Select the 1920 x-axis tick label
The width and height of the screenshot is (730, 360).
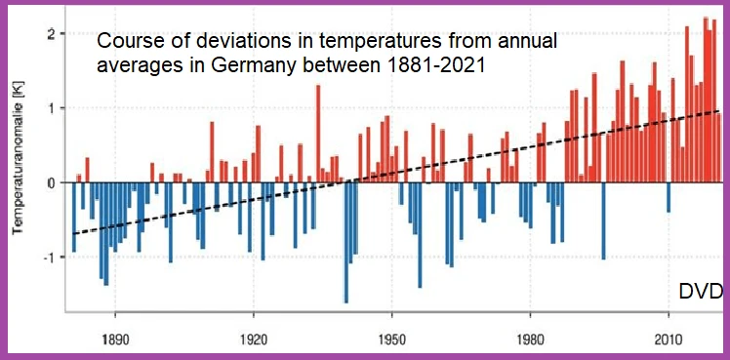[253, 339]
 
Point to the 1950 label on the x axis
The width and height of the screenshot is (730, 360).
[392, 339]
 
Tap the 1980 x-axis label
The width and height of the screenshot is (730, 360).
[530, 339]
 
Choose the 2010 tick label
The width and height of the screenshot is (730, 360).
[669, 339]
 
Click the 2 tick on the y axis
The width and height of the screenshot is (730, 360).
[49, 34]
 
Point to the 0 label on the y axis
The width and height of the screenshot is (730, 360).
[49, 182]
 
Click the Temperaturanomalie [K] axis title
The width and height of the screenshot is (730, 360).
[18, 159]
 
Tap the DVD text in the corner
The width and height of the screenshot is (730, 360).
[701, 292]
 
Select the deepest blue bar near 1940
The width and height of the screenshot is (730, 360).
[345, 243]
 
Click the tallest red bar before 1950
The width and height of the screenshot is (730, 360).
[318, 134]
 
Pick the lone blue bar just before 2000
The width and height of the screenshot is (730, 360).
[604, 220]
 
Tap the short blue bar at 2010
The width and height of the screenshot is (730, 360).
[669, 197]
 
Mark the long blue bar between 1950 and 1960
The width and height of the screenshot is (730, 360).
[420, 235]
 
